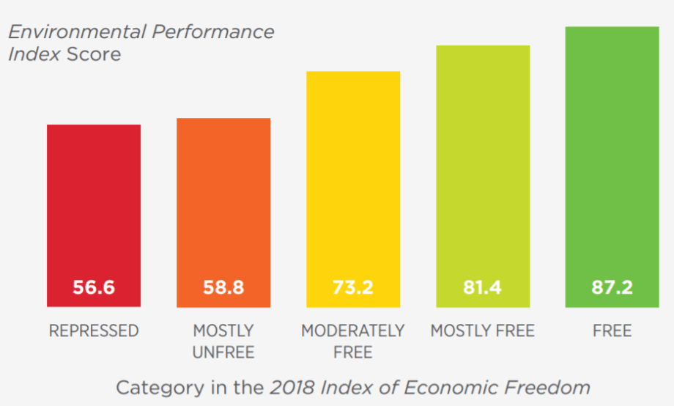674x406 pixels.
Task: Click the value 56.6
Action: [x=94, y=287]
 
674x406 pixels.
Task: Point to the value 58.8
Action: [x=223, y=287]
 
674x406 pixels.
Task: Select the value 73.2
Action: [x=353, y=287]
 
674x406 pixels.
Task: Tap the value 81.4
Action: [x=482, y=287]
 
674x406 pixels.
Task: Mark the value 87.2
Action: [x=612, y=287]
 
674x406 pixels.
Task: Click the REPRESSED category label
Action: [x=94, y=331]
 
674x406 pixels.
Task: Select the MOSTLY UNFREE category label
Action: [x=223, y=342]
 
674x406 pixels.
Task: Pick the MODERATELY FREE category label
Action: [x=353, y=342]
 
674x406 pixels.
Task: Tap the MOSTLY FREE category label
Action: [x=483, y=331]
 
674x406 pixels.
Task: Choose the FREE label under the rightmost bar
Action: [x=612, y=331]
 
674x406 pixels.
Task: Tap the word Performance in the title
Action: [x=212, y=32]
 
